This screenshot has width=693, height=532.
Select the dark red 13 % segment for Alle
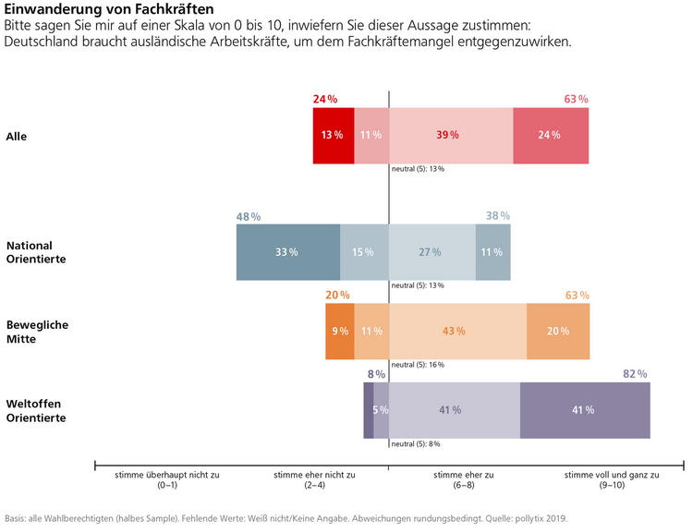click(334, 135)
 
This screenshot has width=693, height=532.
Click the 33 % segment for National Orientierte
click(287, 252)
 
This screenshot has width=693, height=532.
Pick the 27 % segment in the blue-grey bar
click(432, 252)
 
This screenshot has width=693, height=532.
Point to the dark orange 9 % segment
click(340, 331)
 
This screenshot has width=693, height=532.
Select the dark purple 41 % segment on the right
click(584, 409)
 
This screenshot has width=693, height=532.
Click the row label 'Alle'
click(17, 136)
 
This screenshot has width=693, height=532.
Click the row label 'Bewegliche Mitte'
click(37, 332)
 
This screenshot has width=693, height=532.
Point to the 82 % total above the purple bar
click(635, 374)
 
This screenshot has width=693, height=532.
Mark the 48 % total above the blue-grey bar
click(249, 216)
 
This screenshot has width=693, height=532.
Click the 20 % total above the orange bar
click(337, 296)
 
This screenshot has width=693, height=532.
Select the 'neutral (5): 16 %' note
click(418, 365)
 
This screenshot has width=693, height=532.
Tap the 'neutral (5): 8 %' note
click(416, 444)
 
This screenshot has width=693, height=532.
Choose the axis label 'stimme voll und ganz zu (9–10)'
click(611, 480)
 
